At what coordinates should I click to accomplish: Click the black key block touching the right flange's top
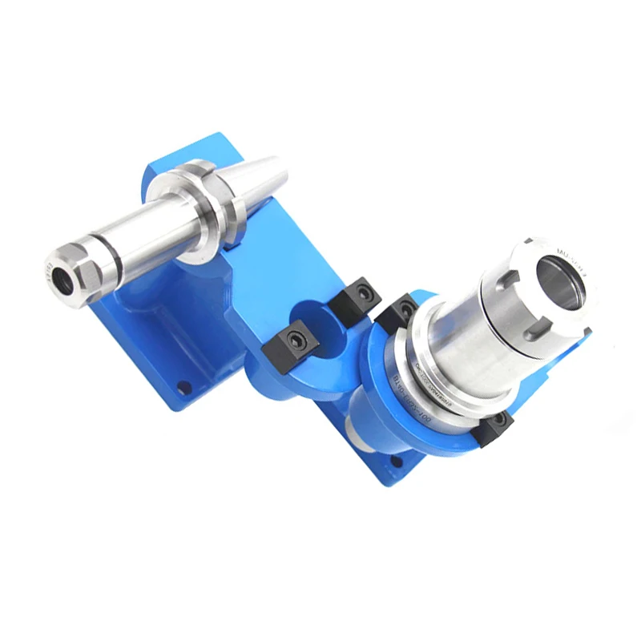pos(398,310)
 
